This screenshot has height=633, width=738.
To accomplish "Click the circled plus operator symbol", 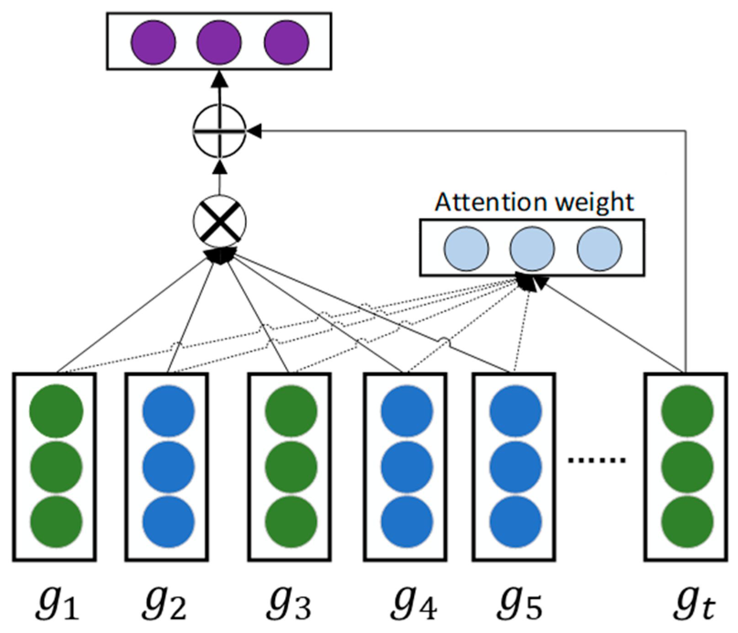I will click(x=219, y=131).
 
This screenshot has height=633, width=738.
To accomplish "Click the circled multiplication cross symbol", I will click(x=219, y=222).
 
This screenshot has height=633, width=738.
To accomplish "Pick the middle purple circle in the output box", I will click(x=219, y=42).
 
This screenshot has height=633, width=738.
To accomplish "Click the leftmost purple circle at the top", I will click(x=153, y=42).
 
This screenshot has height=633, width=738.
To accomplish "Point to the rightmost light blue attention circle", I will click(x=599, y=249).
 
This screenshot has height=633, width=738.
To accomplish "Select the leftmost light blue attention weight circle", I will click(x=466, y=249).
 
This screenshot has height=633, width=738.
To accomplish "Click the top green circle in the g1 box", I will click(x=56, y=410).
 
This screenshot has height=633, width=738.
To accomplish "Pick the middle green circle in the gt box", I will click(x=687, y=467).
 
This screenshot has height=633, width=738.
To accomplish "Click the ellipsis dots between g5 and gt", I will click(x=596, y=460).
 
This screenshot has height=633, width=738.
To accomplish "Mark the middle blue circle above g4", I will click(x=407, y=467).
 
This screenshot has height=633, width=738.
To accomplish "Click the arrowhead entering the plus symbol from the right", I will click(x=254, y=131).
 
